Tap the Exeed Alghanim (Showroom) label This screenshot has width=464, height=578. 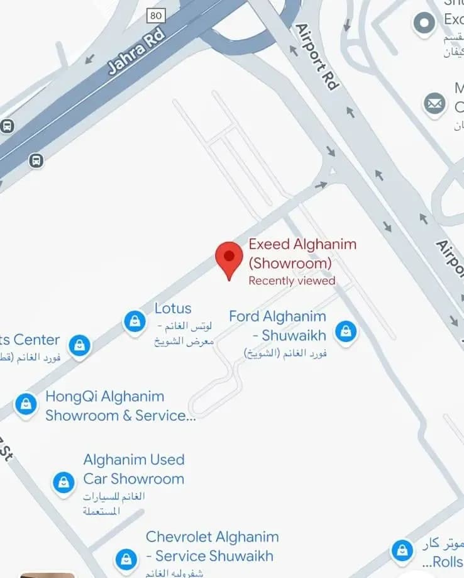302,253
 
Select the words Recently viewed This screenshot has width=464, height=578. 292,281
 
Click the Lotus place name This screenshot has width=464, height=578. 173,309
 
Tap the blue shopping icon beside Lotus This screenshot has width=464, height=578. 134,321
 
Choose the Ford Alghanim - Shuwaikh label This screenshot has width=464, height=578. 277,325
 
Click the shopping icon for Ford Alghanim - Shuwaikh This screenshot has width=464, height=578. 345,331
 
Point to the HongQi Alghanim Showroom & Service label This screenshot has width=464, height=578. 119,406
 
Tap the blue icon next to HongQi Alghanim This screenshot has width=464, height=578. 26,404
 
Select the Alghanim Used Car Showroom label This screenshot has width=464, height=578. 133,469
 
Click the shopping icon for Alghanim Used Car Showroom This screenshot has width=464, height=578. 64,482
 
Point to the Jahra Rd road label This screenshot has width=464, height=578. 136,50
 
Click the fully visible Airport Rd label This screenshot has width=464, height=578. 316,57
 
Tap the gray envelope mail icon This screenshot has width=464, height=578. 434,103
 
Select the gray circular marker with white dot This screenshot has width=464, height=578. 424,23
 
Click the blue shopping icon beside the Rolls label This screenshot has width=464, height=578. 402,552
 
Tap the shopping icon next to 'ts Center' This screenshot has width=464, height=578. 79,345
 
